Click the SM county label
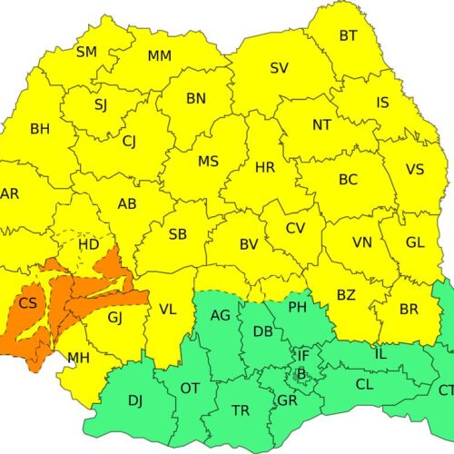click(x=86, y=52)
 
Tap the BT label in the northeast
click(x=349, y=36)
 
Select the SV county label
click(x=280, y=68)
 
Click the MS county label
click(x=208, y=162)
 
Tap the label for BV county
click(x=249, y=244)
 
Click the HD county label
click(x=88, y=244)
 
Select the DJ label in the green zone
click(x=134, y=400)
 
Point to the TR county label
click(x=241, y=411)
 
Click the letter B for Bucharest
click(x=301, y=373)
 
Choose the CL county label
click(x=364, y=385)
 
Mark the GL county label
click(x=415, y=242)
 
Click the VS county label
click(x=415, y=170)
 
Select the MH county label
click(x=78, y=356)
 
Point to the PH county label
click(x=298, y=308)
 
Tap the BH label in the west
click(x=40, y=130)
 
